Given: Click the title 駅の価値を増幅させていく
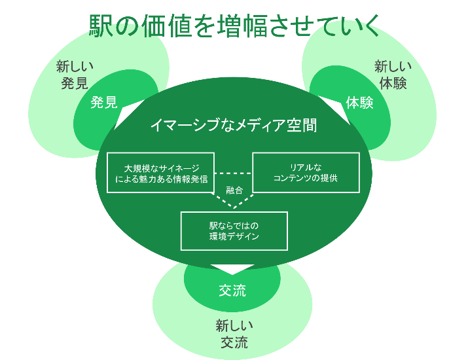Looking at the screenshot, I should point(234,26).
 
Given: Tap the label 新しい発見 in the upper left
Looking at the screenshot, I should point(75,75).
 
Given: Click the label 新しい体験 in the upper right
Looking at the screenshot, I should point(393,75).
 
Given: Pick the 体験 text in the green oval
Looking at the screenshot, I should point(359,103).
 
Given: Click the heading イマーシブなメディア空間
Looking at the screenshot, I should point(234,126).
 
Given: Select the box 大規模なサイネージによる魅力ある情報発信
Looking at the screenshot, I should point(161,173).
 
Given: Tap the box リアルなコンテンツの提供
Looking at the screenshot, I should point(306,173).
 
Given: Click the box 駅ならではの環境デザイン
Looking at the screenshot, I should point(234,230).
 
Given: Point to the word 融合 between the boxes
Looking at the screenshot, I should point(234,190).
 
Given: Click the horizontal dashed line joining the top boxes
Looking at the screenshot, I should point(234,173).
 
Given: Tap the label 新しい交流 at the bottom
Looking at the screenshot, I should point(234,334).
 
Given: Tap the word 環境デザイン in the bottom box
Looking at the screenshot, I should point(234,236).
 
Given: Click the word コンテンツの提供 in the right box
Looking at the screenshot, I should point(306,178).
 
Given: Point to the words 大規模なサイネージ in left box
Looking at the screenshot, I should point(161,168).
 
